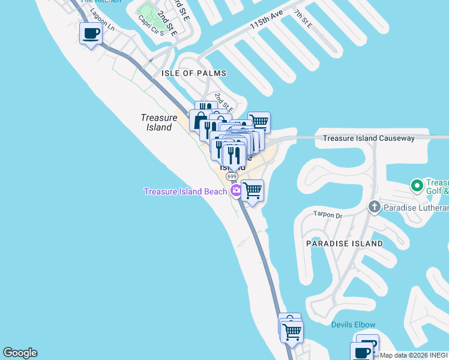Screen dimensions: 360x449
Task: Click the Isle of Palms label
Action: pyautogui.click(x=194, y=73)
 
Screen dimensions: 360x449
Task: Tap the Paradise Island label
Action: pyautogui.click(x=344, y=244)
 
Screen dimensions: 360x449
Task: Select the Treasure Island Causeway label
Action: pyautogui.click(x=369, y=139)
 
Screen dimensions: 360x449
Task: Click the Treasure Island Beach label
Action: pyautogui.click(x=185, y=191)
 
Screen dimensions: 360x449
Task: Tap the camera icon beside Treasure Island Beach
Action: pyautogui.click(x=236, y=191)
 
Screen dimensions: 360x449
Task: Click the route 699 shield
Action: pyautogui.click(x=232, y=176)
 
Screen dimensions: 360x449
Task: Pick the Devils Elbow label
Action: pyautogui.click(x=352, y=325)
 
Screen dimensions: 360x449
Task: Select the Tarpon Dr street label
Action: pyautogui.click(x=327, y=215)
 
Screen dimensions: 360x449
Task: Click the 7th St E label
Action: pyautogui.click(x=303, y=19)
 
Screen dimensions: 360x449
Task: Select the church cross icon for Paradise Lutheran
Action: pyautogui.click(x=375, y=208)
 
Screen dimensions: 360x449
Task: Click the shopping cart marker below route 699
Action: pyautogui.click(x=253, y=191)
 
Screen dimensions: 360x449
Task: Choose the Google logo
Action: pyautogui.click(x=20, y=353)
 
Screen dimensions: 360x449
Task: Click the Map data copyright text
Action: pyautogui.click(x=414, y=355)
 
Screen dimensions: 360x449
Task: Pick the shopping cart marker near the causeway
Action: pyautogui.click(x=259, y=122)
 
